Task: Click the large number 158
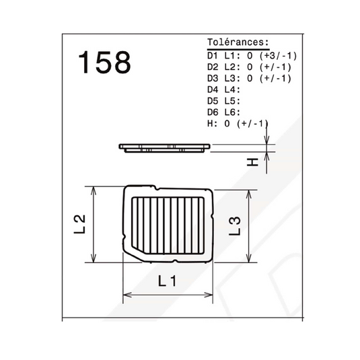[104, 62]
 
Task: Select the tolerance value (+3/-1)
[279, 56]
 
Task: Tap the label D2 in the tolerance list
[213, 67]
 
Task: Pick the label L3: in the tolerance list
[232, 78]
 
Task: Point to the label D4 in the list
[213, 89]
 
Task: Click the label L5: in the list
[232, 101]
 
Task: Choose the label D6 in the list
[213, 112]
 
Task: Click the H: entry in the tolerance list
[212, 124]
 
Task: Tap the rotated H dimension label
[252, 162]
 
